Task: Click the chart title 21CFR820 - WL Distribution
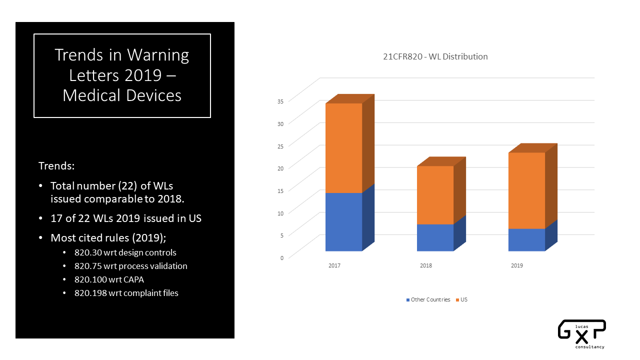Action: (432, 56)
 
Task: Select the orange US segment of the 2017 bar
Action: (343, 148)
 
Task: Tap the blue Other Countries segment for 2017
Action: (343, 221)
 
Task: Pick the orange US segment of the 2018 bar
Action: (435, 195)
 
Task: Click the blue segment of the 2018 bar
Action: (435, 237)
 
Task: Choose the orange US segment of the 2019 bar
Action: (526, 190)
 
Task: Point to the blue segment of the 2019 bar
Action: (526, 239)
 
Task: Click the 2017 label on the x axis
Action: (334, 265)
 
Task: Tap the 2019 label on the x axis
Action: (517, 265)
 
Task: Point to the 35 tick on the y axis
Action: (280, 101)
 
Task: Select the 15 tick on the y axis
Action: (280, 190)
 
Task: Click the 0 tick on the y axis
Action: (282, 257)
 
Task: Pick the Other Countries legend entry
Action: (428, 299)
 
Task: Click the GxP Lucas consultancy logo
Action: (581, 334)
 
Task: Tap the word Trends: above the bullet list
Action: (56, 165)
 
